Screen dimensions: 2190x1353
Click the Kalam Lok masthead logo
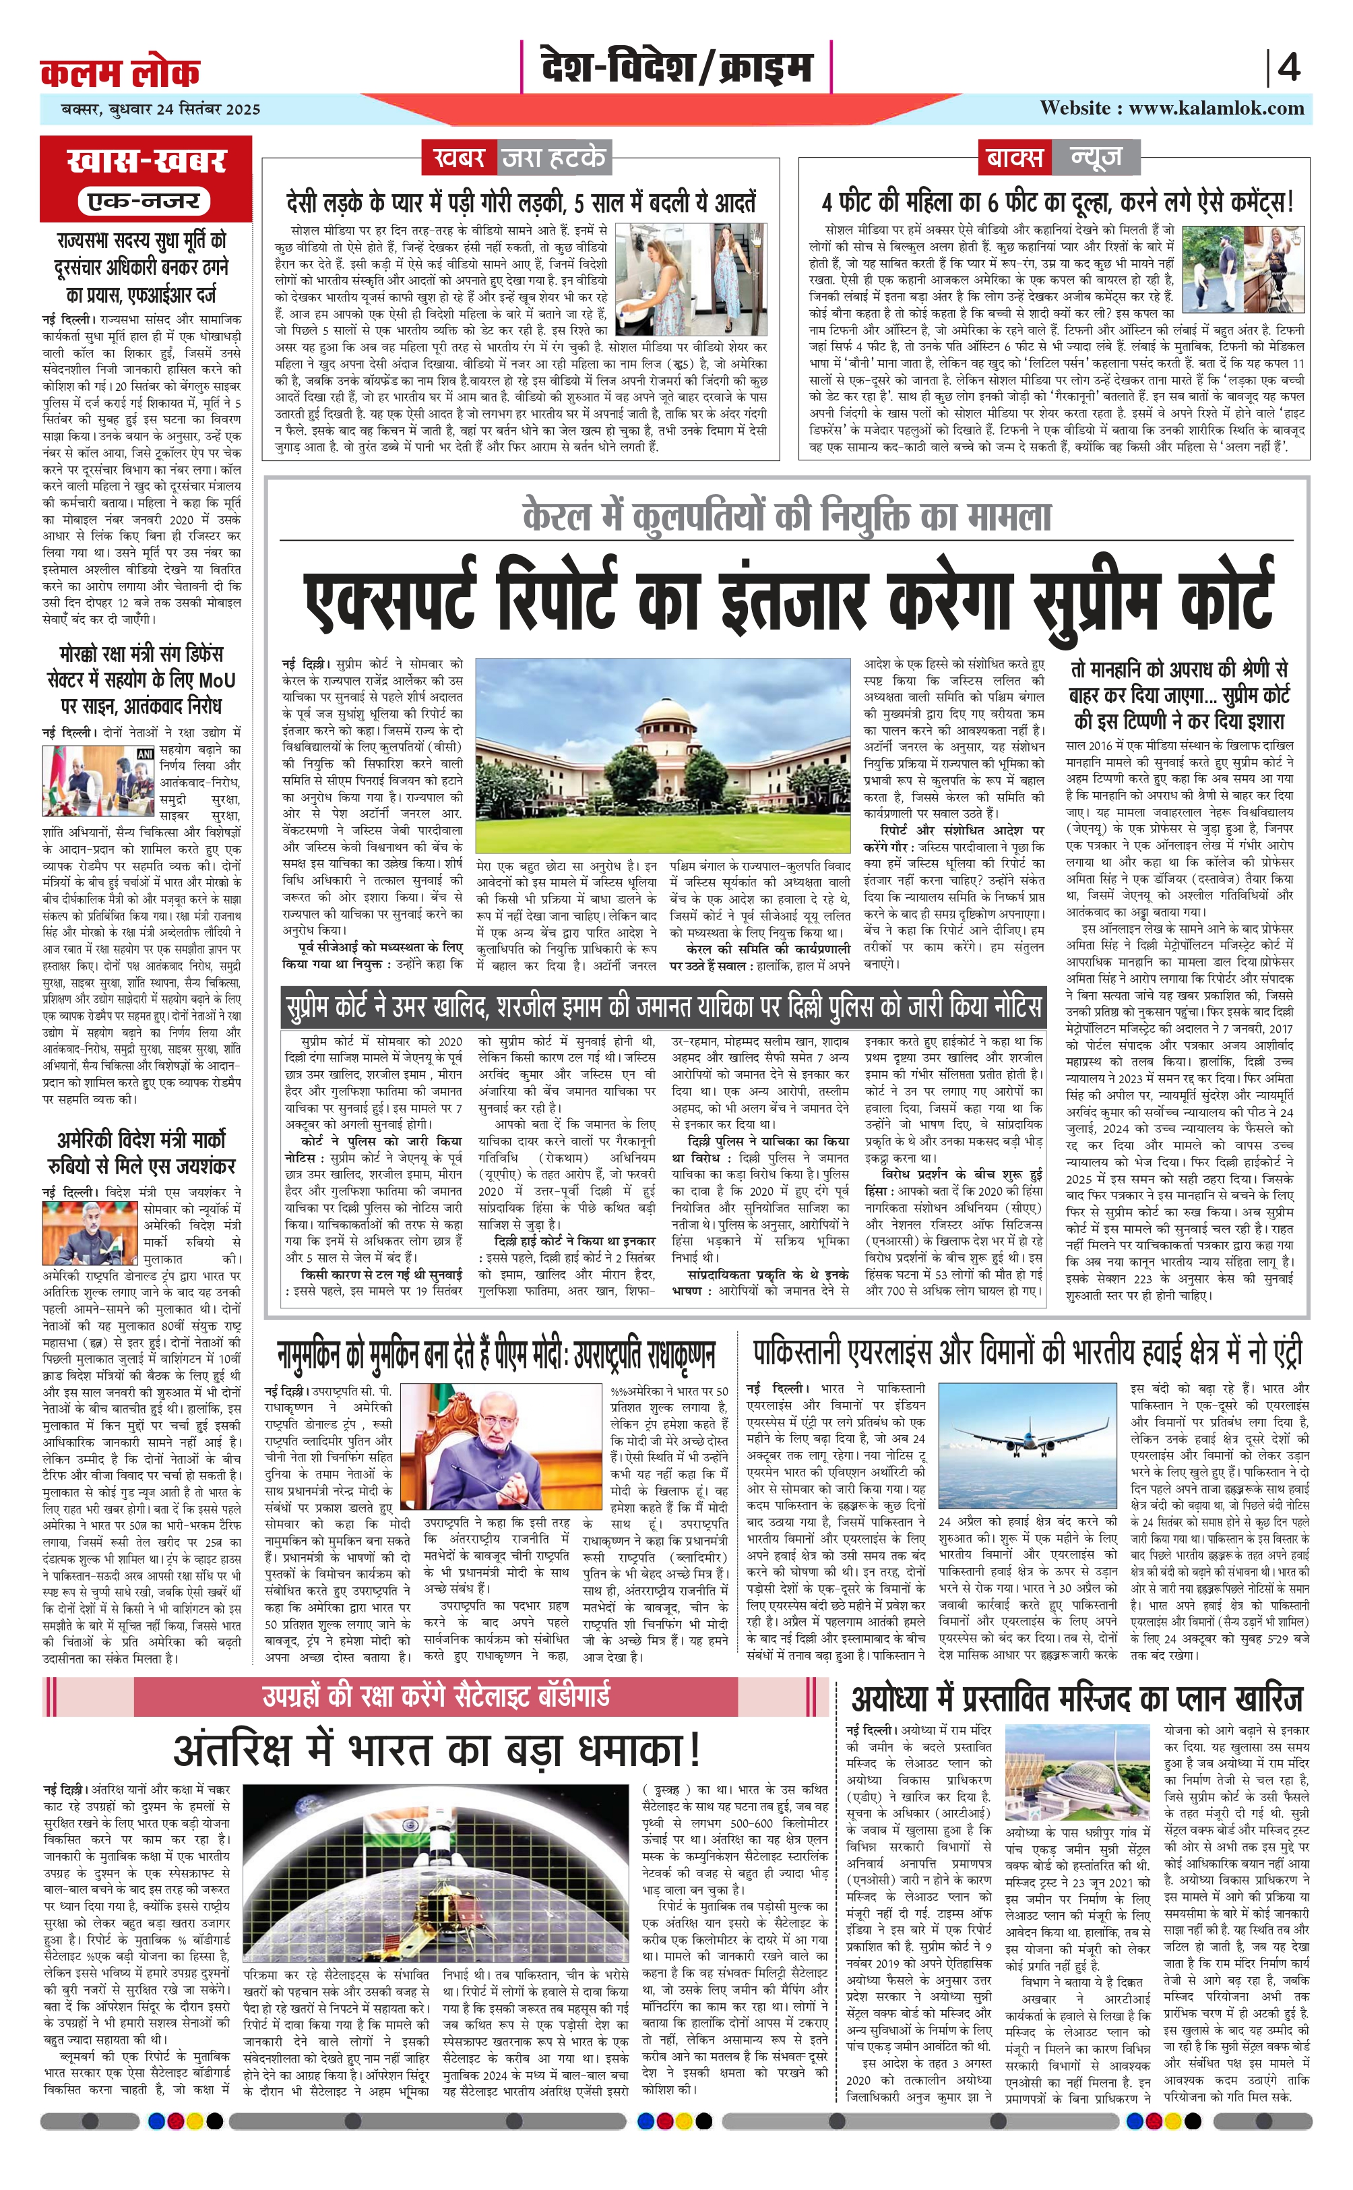click(x=120, y=73)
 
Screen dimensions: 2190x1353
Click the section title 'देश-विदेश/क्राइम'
click(x=676, y=67)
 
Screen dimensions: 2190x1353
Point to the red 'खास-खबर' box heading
click(x=146, y=161)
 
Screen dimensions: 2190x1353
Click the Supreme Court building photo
click(x=662, y=756)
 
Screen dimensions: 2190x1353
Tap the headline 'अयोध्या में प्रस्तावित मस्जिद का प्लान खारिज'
click(x=1077, y=1698)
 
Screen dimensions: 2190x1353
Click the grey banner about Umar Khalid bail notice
click(x=663, y=1006)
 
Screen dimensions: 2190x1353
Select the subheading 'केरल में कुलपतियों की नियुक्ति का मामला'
click(x=788, y=517)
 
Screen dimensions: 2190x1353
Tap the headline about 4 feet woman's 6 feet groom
click(x=1056, y=202)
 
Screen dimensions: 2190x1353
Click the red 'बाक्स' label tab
click(x=1014, y=158)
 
